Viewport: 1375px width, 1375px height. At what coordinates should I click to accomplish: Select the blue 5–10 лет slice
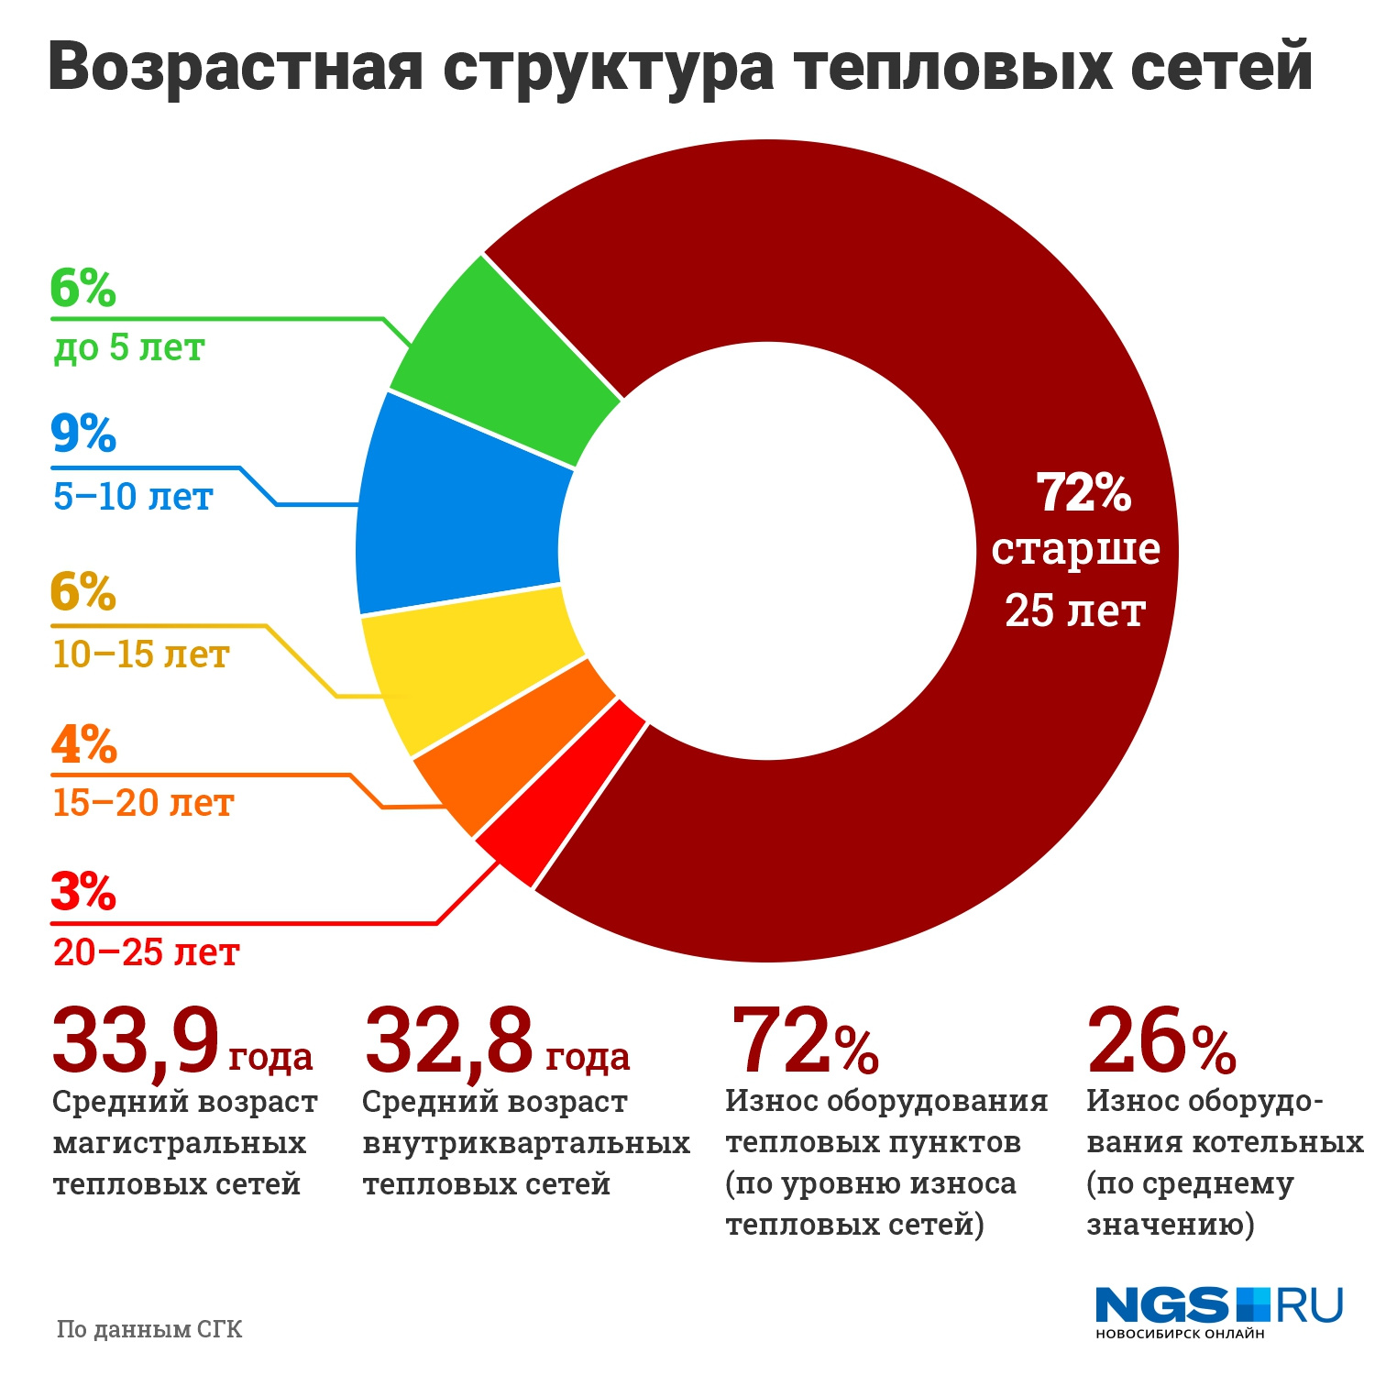tap(458, 504)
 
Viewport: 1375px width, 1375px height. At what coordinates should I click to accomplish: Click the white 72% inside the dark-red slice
tap(1084, 492)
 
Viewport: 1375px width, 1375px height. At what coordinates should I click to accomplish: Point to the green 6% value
tap(82, 288)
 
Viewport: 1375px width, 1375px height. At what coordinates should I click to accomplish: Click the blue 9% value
tap(82, 434)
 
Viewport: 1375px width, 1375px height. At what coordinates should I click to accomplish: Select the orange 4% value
tap(83, 744)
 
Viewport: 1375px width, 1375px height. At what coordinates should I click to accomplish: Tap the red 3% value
tap(82, 892)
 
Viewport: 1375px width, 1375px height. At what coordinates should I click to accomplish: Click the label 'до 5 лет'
tap(128, 348)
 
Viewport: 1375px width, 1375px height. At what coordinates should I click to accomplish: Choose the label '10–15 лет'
tap(140, 654)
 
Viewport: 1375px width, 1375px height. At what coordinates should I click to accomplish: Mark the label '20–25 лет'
tap(146, 952)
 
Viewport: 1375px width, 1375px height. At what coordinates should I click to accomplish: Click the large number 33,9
tap(136, 1041)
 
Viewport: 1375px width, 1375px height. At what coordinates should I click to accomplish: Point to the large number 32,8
tap(448, 1041)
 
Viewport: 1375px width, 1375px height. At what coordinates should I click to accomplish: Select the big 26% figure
tap(1160, 1041)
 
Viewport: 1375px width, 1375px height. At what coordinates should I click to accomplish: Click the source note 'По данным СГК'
tap(149, 1329)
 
